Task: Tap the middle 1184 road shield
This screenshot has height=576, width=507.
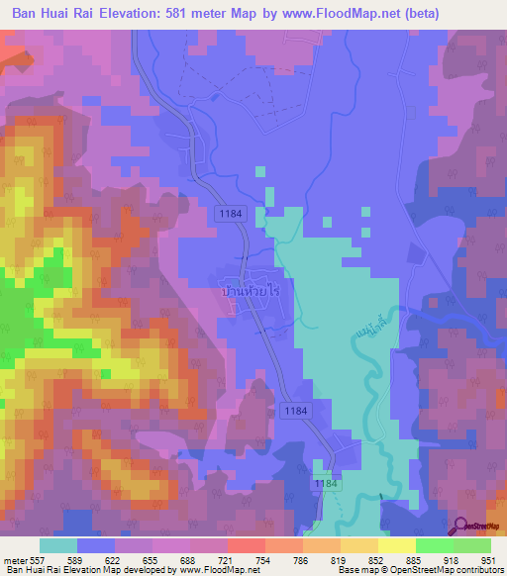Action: tap(294, 410)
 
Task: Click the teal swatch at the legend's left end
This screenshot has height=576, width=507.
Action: tap(57, 545)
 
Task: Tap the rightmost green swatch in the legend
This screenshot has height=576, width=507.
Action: tap(472, 545)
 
